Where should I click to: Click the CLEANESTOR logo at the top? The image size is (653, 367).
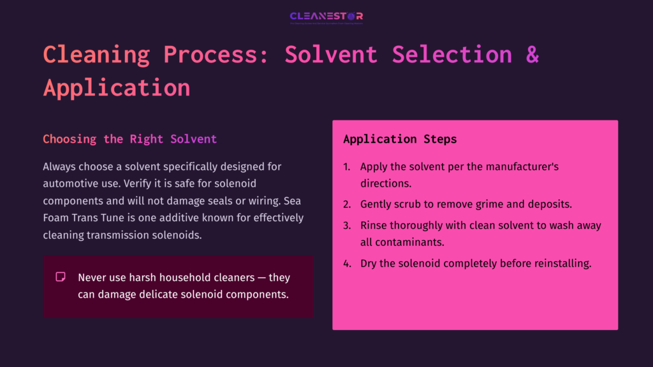[x=326, y=17]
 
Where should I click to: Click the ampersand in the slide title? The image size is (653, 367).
[x=532, y=54]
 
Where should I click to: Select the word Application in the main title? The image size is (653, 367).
[x=117, y=87]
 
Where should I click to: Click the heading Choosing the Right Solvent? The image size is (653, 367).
[x=129, y=139]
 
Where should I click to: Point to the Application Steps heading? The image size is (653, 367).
[x=400, y=139]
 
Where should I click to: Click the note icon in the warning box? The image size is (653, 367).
[x=61, y=277]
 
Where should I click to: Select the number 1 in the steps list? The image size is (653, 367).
[x=347, y=167]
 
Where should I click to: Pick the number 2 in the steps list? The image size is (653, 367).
[x=347, y=205]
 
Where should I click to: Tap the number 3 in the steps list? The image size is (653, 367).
[x=347, y=226]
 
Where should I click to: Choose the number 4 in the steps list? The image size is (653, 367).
[x=347, y=263]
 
